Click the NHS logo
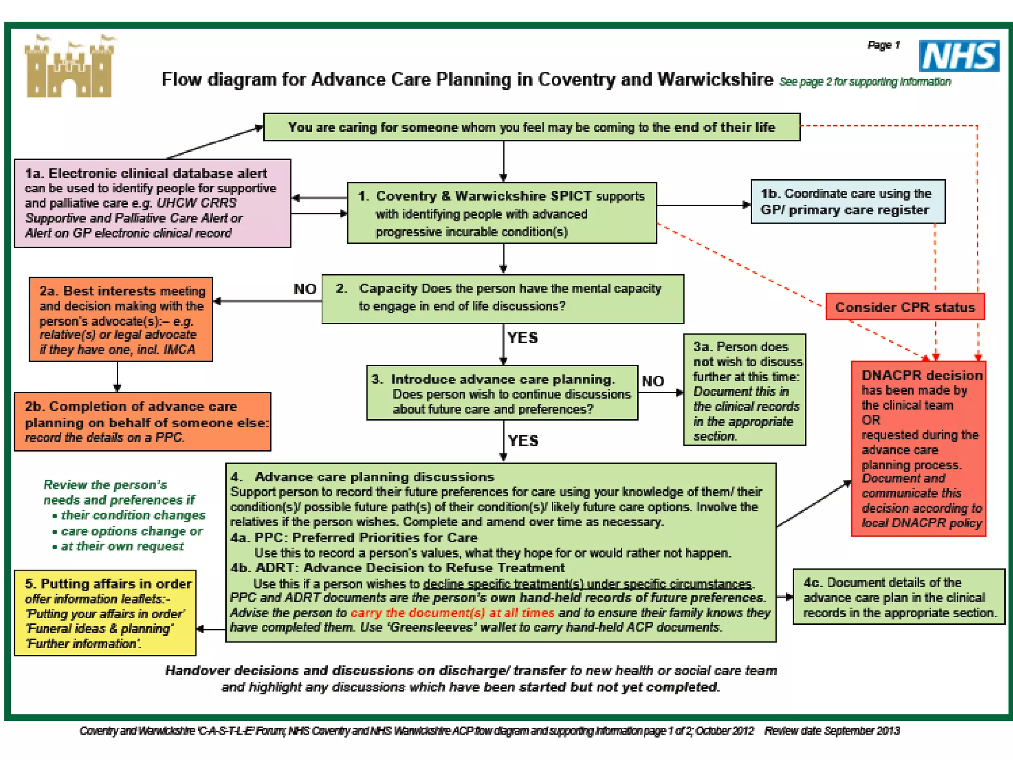click(959, 56)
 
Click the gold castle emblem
click(69, 67)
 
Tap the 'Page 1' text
click(883, 46)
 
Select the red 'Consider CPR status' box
click(905, 307)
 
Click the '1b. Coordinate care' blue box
click(848, 201)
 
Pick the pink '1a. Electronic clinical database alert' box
click(152, 203)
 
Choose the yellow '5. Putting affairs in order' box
click(105, 613)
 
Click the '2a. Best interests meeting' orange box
click(121, 319)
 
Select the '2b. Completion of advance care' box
click(142, 422)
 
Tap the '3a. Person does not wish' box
click(744, 390)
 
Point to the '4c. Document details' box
click(899, 597)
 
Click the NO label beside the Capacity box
click(305, 289)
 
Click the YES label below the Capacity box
click(522, 338)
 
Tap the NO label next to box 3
click(652, 381)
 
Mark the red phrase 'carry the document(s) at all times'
click(452, 613)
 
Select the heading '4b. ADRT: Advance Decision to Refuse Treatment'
click(398, 568)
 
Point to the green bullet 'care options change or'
click(132, 531)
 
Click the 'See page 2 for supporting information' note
click(865, 82)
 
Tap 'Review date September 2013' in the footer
click(831, 731)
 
